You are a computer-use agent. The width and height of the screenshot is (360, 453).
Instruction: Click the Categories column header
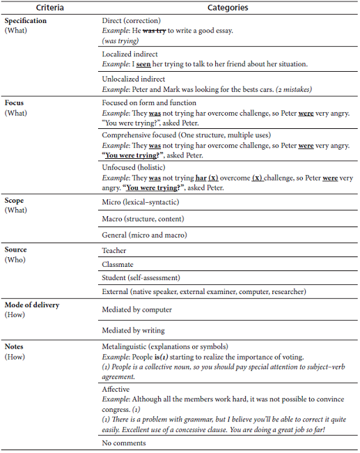tap(228, 8)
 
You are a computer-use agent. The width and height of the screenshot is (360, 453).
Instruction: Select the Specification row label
tap(26, 21)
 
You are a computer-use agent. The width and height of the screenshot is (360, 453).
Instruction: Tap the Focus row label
tap(15, 102)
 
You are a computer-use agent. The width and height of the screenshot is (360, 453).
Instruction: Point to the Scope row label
tap(15, 201)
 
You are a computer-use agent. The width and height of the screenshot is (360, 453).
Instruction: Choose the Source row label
tap(17, 249)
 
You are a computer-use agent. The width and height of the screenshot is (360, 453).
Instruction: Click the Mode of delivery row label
tap(32, 306)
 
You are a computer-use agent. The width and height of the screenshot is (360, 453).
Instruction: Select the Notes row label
tap(15, 346)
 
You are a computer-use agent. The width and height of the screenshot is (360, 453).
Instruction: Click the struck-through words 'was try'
tap(156, 31)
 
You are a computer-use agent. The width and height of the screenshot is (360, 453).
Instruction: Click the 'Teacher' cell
tap(114, 249)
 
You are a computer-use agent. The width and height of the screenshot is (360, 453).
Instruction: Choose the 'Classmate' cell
tap(118, 264)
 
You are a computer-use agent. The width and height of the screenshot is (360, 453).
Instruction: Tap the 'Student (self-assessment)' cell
tap(141, 277)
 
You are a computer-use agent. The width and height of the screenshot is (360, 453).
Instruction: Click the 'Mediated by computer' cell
tap(136, 309)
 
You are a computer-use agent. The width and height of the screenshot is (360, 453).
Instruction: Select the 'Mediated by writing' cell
tap(133, 330)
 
